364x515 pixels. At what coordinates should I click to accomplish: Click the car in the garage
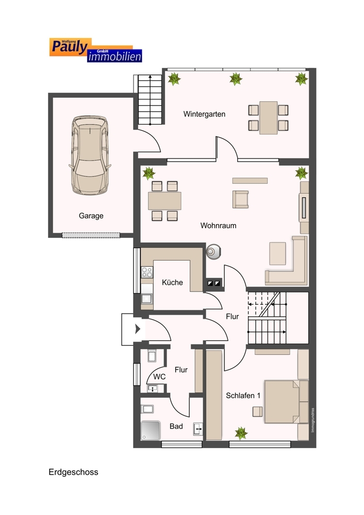pyautogui.click(x=90, y=155)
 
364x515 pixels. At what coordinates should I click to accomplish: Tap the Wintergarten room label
pyautogui.click(x=204, y=114)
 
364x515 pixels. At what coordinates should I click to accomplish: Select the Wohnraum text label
pyautogui.click(x=218, y=226)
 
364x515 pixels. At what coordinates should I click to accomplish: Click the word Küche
pyautogui.click(x=172, y=282)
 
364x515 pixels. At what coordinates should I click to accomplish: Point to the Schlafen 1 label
pyautogui.click(x=243, y=396)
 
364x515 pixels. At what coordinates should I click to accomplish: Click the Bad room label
pyautogui.click(x=176, y=426)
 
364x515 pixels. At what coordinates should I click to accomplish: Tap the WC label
pyautogui.click(x=159, y=377)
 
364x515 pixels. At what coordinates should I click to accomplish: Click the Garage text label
pyautogui.click(x=91, y=216)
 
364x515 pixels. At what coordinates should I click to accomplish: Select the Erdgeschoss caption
pyautogui.click(x=73, y=472)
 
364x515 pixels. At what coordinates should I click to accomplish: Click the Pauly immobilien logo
pyautogui.click(x=96, y=50)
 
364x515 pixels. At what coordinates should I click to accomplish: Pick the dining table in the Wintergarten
pyautogui.click(x=268, y=117)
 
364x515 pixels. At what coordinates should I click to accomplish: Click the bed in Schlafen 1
pyautogui.click(x=286, y=401)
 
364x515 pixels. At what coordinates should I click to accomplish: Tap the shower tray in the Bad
pyautogui.click(x=151, y=430)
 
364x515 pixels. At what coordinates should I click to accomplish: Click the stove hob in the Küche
pyautogui.click(x=147, y=272)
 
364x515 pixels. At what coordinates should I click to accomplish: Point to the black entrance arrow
pyautogui.click(x=138, y=329)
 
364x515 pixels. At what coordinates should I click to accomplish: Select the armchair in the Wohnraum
pyautogui.click(x=240, y=199)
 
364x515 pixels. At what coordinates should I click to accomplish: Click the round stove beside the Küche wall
pyautogui.click(x=213, y=252)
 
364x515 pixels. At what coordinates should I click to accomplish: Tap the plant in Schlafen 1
pyautogui.click(x=241, y=433)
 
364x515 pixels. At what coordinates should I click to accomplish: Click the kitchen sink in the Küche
pyautogui.click(x=146, y=299)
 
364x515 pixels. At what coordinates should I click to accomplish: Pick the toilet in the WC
pyautogui.click(x=152, y=356)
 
